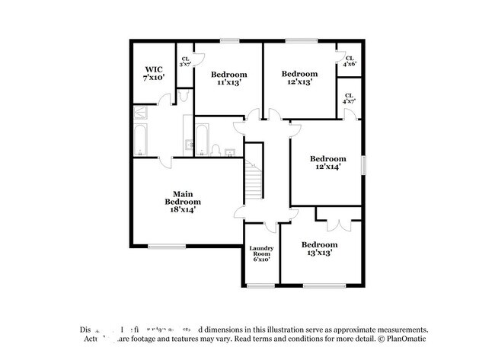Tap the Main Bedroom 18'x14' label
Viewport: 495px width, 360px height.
click(x=186, y=201)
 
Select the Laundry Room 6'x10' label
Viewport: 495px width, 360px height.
click(x=261, y=253)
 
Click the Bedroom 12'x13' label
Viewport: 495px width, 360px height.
click(x=299, y=78)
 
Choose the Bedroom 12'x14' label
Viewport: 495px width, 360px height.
click(x=328, y=163)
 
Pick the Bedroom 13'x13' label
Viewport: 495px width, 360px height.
click(x=318, y=248)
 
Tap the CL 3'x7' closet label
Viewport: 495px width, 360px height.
click(x=185, y=62)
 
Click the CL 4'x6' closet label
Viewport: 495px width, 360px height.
click(x=350, y=62)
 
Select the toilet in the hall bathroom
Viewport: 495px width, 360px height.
click(x=216, y=148)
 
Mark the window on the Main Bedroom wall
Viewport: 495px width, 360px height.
click(x=166, y=245)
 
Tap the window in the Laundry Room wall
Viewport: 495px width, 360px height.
click(x=260, y=285)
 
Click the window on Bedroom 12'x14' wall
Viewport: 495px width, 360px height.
click(x=362, y=164)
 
